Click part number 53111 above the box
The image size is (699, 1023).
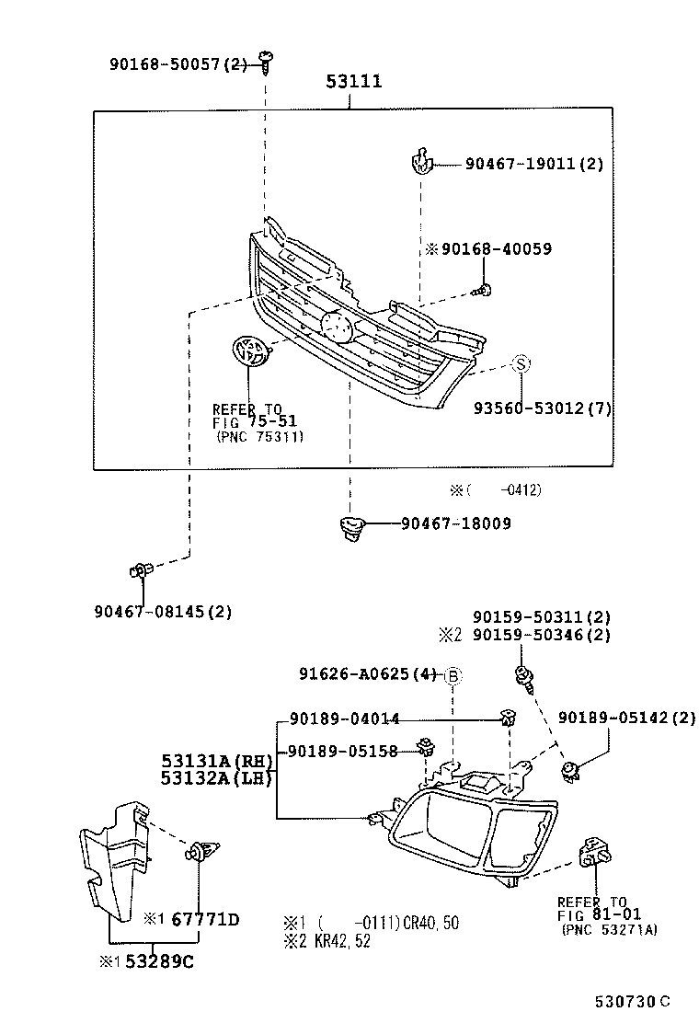click(353, 83)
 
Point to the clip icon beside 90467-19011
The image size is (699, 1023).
click(419, 163)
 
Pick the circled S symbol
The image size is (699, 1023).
click(521, 364)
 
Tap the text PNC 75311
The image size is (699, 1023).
click(260, 437)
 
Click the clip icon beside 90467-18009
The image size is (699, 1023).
click(349, 527)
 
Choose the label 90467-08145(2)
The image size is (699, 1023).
click(162, 611)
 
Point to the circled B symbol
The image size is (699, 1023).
click(453, 675)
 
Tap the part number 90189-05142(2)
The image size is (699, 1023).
click(626, 718)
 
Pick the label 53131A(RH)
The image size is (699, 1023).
click(218, 761)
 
